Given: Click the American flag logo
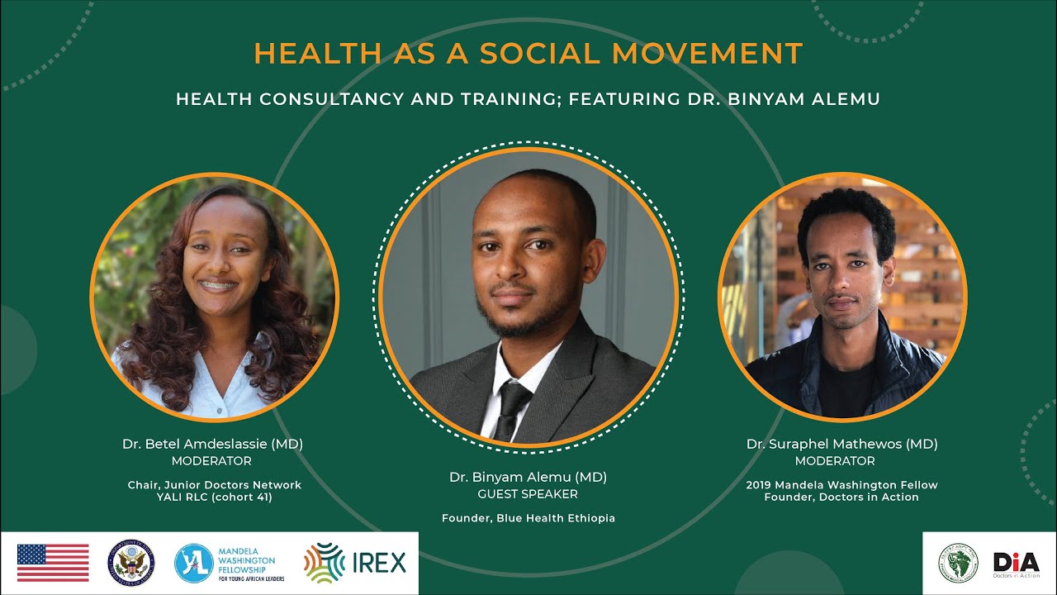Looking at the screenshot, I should click(53, 563).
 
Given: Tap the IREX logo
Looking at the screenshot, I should click(355, 563).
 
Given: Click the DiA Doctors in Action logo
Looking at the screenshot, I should click(1016, 564).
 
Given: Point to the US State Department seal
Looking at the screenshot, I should click(131, 564).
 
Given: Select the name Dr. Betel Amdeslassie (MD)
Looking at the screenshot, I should click(212, 444).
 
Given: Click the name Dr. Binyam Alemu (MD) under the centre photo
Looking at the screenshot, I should click(528, 477).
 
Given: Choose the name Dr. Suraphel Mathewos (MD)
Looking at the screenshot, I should click(841, 444).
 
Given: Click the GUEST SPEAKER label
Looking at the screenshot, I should click(528, 494).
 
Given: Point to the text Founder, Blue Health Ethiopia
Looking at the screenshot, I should click(528, 518).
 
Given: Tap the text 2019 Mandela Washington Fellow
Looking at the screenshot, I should click(841, 485).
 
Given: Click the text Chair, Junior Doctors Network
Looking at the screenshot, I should click(214, 485).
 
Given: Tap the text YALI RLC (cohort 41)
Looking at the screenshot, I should click(214, 497).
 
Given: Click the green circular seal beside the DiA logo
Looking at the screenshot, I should click(957, 564).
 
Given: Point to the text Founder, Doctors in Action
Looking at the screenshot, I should click(841, 497).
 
